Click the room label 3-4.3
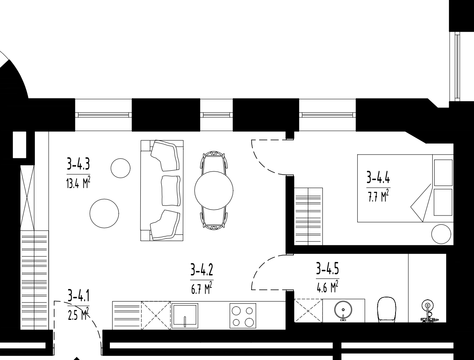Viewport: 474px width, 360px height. point(78,164)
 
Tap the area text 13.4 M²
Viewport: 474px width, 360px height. point(78,183)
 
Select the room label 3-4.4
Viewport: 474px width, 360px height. point(378,177)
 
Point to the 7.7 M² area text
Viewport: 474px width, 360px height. point(378,196)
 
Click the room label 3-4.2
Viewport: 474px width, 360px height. point(202,270)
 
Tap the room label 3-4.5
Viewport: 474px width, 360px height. point(327,268)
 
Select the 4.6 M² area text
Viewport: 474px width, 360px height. point(327,287)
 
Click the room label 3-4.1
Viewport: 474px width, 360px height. point(78,295)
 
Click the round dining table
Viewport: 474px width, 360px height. point(214,190)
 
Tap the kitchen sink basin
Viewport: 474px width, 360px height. point(185,316)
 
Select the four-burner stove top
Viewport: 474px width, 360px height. point(243,316)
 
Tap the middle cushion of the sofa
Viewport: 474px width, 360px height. point(171,191)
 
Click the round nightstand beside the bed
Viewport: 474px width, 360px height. point(441,234)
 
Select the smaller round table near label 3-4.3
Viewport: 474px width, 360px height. point(121,168)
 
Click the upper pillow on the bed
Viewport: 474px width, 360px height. point(443,173)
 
